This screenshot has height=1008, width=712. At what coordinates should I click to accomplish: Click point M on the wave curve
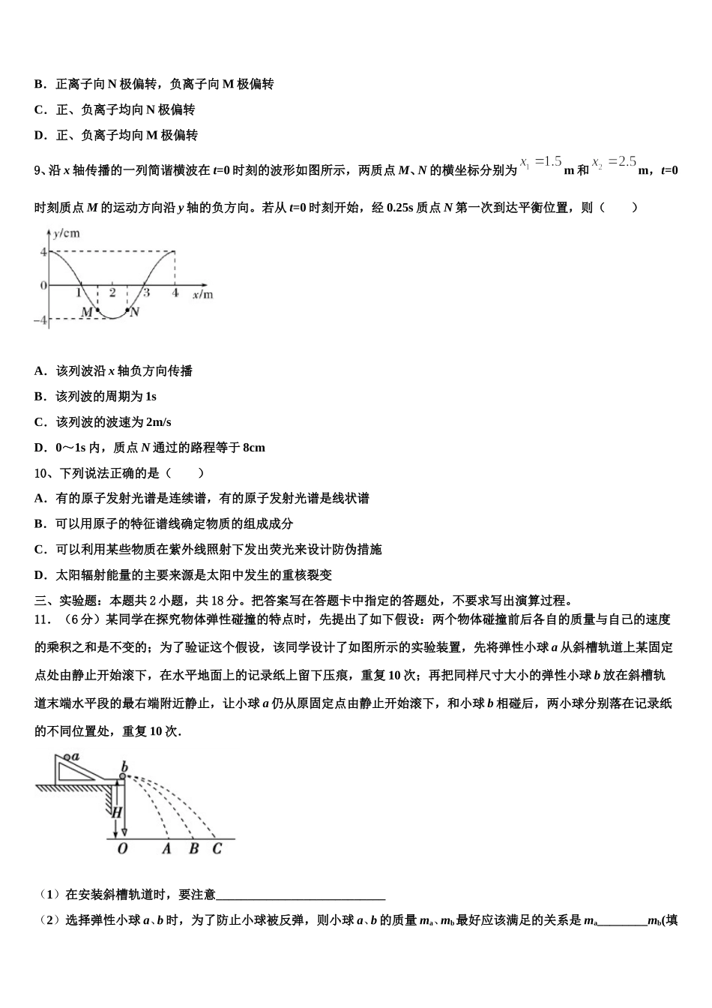click(x=97, y=310)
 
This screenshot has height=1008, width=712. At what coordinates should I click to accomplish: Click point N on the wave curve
click(x=127, y=310)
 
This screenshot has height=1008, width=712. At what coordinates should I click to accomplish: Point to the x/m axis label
click(x=202, y=295)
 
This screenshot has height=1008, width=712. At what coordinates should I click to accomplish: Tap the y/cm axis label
click(x=67, y=233)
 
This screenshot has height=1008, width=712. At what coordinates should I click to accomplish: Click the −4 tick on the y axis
click(x=40, y=320)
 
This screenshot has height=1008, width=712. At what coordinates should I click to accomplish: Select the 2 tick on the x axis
click(x=112, y=292)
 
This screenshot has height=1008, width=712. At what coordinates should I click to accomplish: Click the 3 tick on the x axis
click(x=147, y=292)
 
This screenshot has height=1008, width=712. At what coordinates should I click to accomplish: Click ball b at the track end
click(x=122, y=777)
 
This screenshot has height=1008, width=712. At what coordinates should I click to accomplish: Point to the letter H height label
click(x=116, y=811)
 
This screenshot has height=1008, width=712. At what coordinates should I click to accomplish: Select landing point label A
click(x=166, y=849)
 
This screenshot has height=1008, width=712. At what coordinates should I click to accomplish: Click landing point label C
click(x=217, y=849)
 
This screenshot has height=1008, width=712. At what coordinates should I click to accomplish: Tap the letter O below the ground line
click(x=122, y=849)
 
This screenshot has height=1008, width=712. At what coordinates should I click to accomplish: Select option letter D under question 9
click(x=40, y=448)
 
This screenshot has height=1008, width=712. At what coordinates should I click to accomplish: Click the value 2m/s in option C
click(x=159, y=422)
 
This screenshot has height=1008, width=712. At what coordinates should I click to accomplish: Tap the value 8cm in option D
click(x=254, y=448)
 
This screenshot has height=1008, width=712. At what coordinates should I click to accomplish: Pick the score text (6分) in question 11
click(x=76, y=619)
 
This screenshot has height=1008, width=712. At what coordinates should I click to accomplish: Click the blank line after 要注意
click(x=301, y=895)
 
